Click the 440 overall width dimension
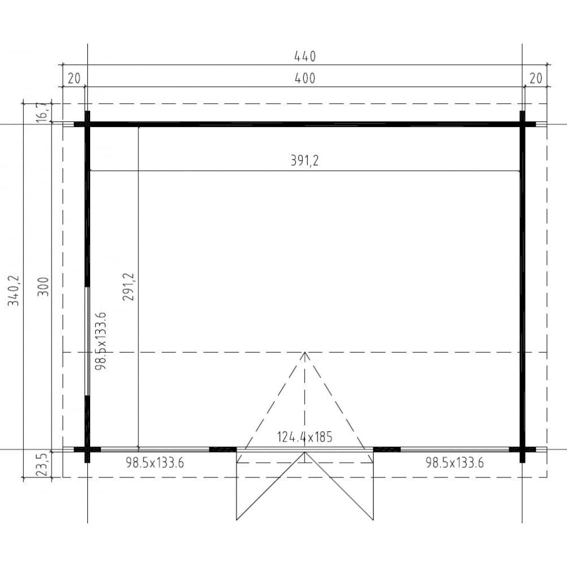click(x=304, y=56)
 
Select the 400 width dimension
click(x=304, y=79)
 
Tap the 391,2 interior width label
click(x=305, y=161)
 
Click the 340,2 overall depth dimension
click(x=14, y=291)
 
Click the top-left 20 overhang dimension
click(x=74, y=79)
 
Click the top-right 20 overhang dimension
click(x=536, y=79)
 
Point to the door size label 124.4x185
click(x=304, y=437)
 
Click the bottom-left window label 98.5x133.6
click(x=155, y=463)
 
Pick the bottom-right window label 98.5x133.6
click(x=454, y=463)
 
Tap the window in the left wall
click(x=87, y=340)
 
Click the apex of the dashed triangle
click(x=305, y=353)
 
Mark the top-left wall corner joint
click(x=88, y=124)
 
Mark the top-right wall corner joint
click(x=522, y=124)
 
